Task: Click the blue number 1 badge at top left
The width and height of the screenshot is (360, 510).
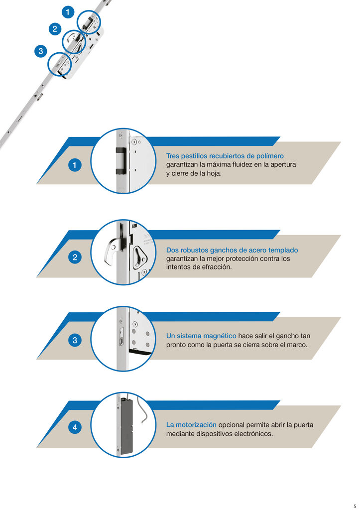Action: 68,11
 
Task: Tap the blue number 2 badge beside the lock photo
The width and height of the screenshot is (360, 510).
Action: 54,29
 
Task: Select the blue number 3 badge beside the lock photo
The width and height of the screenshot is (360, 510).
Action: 40,51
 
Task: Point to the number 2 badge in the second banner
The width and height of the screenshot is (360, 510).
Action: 75,257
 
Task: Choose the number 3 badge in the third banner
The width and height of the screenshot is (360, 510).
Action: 75,341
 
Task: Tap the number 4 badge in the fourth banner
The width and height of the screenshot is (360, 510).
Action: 75,427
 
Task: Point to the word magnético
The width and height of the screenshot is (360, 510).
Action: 216,336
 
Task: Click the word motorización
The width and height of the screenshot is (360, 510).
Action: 192,425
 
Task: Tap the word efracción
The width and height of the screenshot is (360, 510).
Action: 216,267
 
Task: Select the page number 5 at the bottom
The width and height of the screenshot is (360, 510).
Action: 355,506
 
